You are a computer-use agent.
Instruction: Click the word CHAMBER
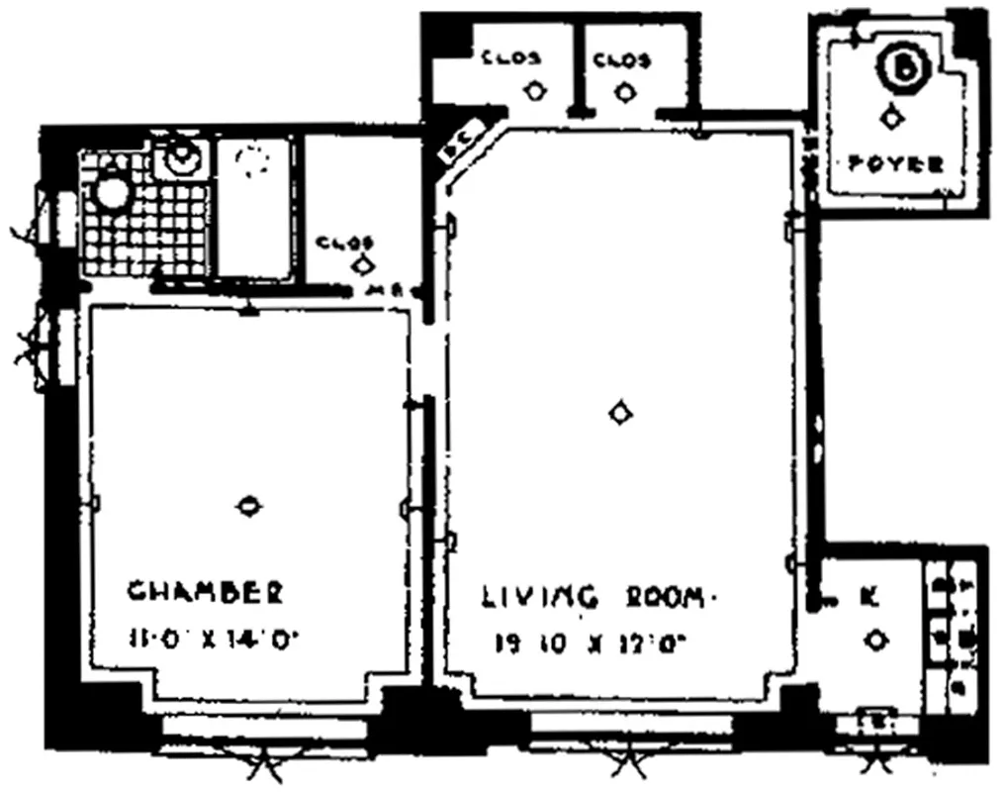(205, 592)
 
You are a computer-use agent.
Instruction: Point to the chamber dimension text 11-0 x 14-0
(213, 639)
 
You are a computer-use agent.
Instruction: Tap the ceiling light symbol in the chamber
(249, 506)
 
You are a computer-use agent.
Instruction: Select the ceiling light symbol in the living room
(620, 413)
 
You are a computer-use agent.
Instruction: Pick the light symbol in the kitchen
(875, 642)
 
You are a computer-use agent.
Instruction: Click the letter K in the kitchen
(869, 596)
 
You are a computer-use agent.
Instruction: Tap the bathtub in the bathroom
(255, 208)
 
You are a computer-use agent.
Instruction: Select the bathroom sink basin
(181, 157)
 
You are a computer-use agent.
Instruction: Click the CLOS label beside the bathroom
(344, 243)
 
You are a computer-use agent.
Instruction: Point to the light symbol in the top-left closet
(534, 92)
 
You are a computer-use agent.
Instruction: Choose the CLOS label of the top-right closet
(622, 60)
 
